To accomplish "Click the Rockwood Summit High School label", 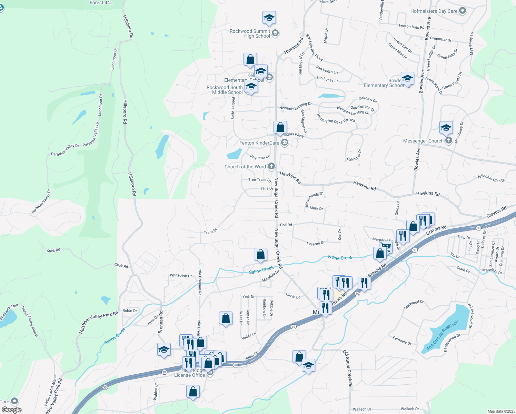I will (x=250, y=33).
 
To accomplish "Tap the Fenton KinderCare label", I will (x=259, y=143).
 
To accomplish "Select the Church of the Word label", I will (x=245, y=167).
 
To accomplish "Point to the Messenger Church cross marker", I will (x=448, y=140).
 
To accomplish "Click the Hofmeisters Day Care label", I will (x=434, y=11).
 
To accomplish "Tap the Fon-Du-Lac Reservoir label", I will (x=443, y=335).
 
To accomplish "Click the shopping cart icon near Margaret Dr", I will (x=386, y=247).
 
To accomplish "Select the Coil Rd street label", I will (x=286, y=225).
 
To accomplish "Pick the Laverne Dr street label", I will (x=316, y=243).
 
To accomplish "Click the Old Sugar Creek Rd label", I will (x=348, y=368).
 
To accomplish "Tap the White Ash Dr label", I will (x=181, y=275).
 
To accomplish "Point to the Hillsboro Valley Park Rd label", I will (x=99, y=322).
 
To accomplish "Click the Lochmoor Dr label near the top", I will (x=114, y=59).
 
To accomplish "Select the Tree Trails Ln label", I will (x=259, y=180).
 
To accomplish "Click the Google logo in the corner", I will (x=11, y=410).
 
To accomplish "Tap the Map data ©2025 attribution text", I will (x=501, y=411).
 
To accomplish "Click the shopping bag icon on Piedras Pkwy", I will (x=280, y=127).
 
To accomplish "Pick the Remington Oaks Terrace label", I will (x=336, y=119).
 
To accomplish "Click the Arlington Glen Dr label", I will (x=492, y=178).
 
